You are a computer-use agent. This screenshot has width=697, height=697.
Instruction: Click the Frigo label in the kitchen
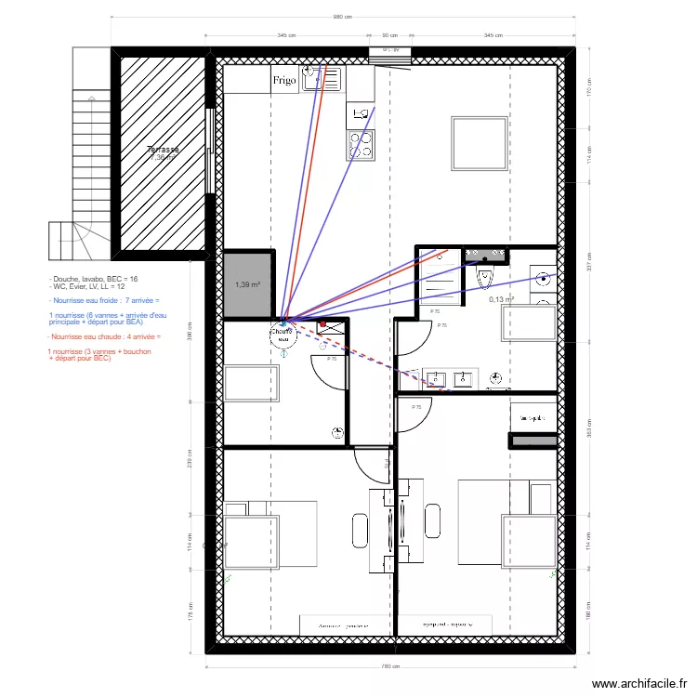(284, 81)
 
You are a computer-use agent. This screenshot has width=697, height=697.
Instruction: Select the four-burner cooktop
(361, 145)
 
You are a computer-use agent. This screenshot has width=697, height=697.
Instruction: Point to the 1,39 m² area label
(248, 285)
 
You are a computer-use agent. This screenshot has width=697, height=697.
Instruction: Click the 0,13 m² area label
(503, 299)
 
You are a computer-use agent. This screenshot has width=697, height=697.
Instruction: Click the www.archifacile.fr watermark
(638, 681)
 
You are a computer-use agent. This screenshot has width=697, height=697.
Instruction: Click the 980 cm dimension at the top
(343, 18)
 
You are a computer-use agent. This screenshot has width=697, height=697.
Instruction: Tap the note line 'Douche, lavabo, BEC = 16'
(95, 279)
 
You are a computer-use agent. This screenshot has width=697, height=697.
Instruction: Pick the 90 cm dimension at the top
(390, 35)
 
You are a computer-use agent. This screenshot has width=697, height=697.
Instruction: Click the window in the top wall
(390, 53)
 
